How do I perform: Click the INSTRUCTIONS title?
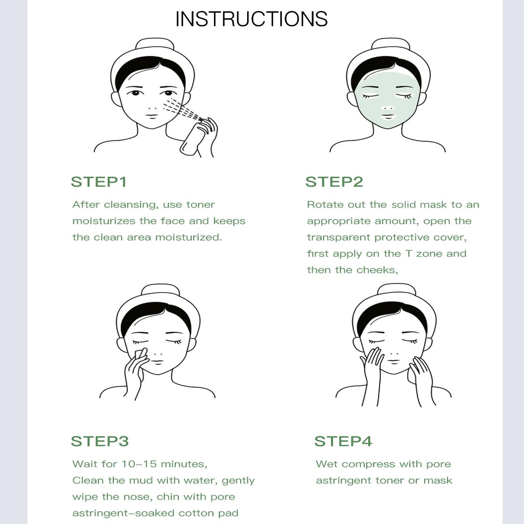point(251,19)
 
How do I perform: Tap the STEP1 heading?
point(99,182)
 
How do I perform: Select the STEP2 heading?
point(334,182)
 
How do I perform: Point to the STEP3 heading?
point(100,441)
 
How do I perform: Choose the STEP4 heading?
point(343,441)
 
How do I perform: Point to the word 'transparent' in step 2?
point(338,238)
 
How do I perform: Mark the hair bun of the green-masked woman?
point(390,44)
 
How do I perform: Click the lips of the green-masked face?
point(387,117)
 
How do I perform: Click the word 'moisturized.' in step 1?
point(189,238)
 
